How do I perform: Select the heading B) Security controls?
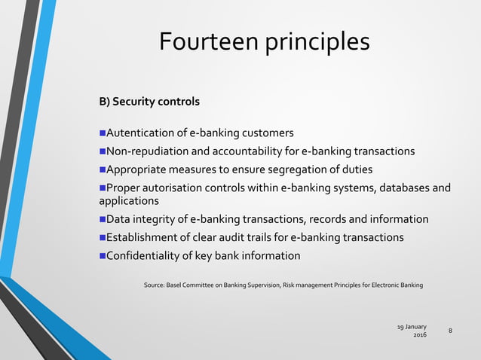point(150,101)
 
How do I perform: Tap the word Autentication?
point(145,133)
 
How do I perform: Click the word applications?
point(129,201)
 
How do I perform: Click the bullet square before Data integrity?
point(103,219)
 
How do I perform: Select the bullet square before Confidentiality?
point(103,255)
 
